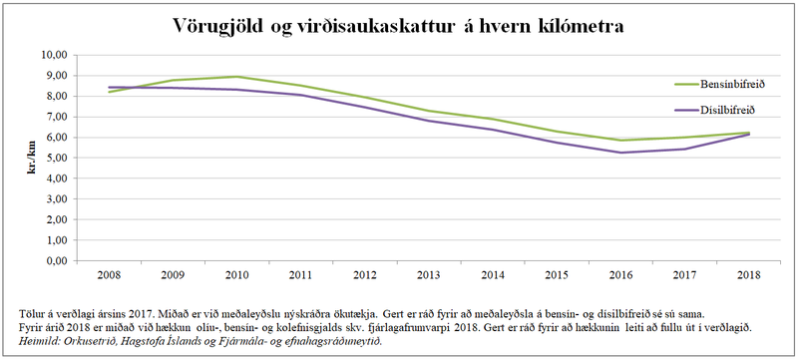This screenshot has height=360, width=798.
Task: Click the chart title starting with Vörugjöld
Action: coord(399,25)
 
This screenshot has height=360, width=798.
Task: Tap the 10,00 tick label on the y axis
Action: coord(54,55)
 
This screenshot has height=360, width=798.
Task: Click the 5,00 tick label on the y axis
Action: coord(56,158)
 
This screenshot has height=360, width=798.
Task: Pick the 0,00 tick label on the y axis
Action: coord(56,261)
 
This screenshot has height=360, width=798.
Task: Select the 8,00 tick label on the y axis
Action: coord(56,96)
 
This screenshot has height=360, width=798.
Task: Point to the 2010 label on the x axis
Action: coord(236,273)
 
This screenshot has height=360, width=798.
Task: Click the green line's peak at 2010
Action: coord(236,77)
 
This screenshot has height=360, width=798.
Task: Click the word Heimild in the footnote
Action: coord(39,341)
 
